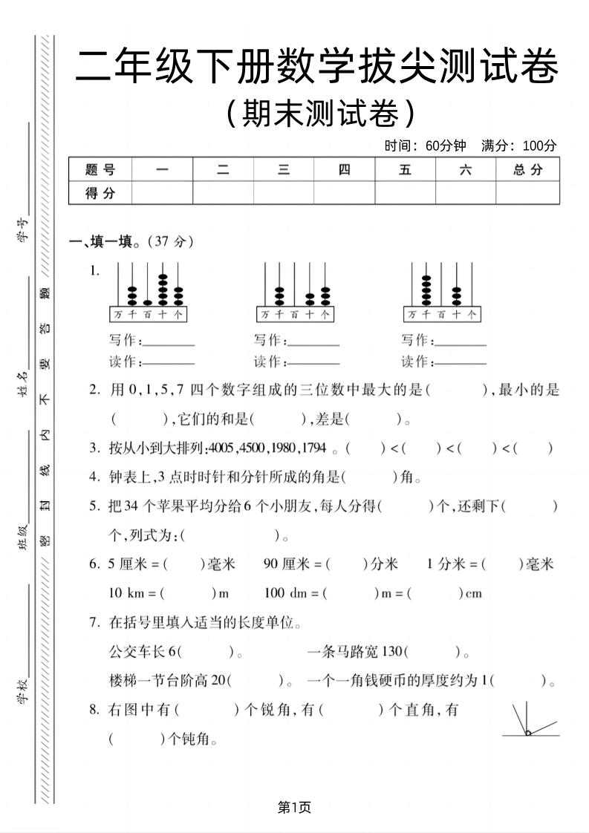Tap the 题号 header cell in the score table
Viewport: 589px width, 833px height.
point(100,170)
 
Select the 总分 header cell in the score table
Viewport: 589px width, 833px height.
point(527,170)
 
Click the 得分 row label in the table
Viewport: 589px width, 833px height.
point(100,193)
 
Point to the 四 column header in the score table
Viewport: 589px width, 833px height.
point(344,170)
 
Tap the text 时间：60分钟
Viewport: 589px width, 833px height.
point(425,146)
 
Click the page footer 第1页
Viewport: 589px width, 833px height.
point(294,807)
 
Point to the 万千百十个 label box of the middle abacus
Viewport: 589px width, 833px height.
point(295,314)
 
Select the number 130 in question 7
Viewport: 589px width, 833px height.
point(391,652)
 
